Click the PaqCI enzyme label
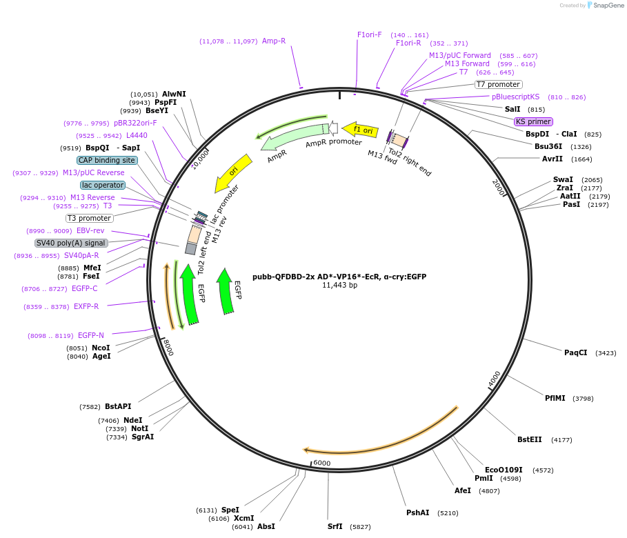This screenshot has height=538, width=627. click(x=575, y=352)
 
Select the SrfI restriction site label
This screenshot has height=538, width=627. click(x=335, y=526)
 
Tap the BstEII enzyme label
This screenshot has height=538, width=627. click(x=530, y=439)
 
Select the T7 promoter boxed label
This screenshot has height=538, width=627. click(x=498, y=84)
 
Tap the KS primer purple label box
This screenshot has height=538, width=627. click(x=533, y=121)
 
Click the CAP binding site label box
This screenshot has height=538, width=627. click(x=107, y=160)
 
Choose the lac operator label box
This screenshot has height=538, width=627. click(x=102, y=185)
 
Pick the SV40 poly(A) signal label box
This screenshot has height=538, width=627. click(x=71, y=243)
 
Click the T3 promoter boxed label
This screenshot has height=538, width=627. click(x=90, y=218)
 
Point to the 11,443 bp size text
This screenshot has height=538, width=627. click(x=339, y=286)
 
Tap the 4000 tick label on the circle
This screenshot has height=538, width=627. click(x=495, y=379)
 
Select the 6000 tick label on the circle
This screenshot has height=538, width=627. click(x=321, y=463)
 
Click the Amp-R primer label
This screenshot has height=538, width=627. click(x=274, y=41)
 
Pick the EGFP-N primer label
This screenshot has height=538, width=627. click(x=91, y=335)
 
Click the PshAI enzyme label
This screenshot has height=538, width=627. click(x=417, y=512)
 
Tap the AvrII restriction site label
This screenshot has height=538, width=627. click(x=552, y=159)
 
